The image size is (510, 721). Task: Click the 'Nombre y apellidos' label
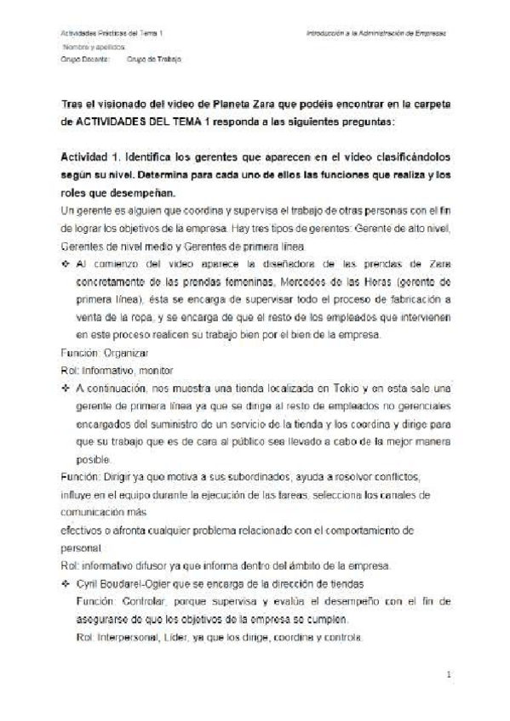coord(89,48)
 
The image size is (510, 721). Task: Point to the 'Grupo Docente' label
coord(82,61)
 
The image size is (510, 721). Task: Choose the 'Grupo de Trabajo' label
coord(153,61)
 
